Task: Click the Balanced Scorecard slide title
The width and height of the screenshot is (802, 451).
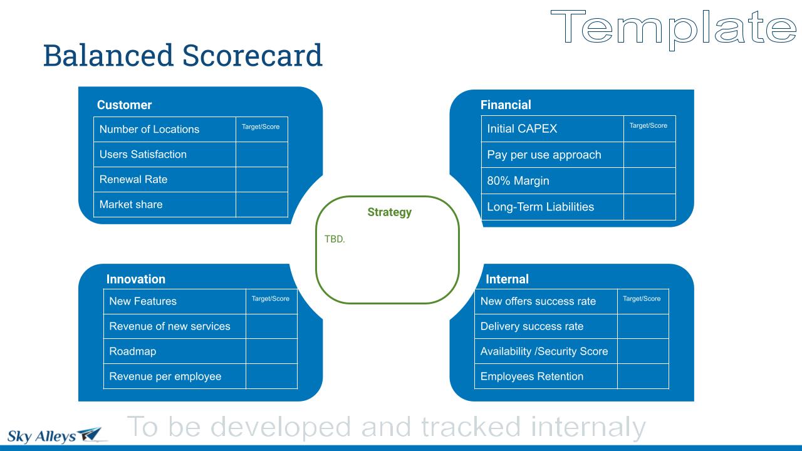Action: [182, 55]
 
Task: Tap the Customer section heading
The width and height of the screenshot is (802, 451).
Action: [124, 105]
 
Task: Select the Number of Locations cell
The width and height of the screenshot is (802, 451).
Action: [165, 129]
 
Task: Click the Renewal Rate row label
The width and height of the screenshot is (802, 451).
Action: [133, 179]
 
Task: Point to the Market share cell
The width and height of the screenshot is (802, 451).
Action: [165, 205]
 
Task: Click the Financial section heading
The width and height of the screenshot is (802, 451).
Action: [506, 105]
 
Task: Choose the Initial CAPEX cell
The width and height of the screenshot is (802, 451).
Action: [553, 129]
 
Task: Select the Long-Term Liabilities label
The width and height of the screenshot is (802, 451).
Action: [540, 207]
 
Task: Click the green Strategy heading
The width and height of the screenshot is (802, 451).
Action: [390, 212]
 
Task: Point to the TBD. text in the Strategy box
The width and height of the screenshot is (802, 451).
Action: [335, 239]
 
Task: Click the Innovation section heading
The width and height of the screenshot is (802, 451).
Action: [136, 279]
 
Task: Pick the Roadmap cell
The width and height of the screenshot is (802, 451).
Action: [175, 351]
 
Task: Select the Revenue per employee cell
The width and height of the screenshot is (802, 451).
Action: [175, 376]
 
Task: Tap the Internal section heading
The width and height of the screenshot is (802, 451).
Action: [507, 279]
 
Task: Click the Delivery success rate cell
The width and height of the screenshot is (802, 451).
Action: [546, 326]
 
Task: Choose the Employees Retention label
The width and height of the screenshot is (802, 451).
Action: [532, 376]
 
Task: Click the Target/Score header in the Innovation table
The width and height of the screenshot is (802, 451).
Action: [270, 299]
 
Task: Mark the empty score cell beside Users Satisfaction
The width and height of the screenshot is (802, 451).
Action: [262, 155]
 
